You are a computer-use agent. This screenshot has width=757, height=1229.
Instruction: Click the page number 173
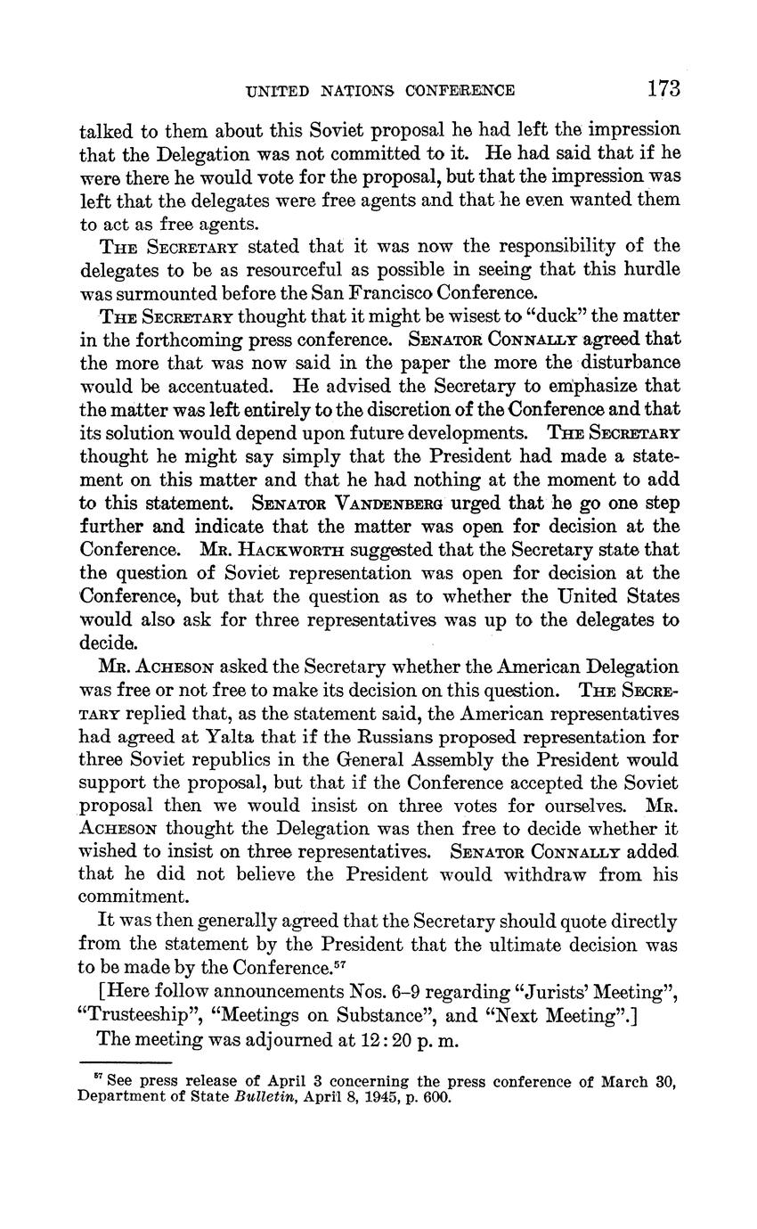coord(663,88)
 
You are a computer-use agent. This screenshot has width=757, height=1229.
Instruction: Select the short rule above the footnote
coord(125,1062)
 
